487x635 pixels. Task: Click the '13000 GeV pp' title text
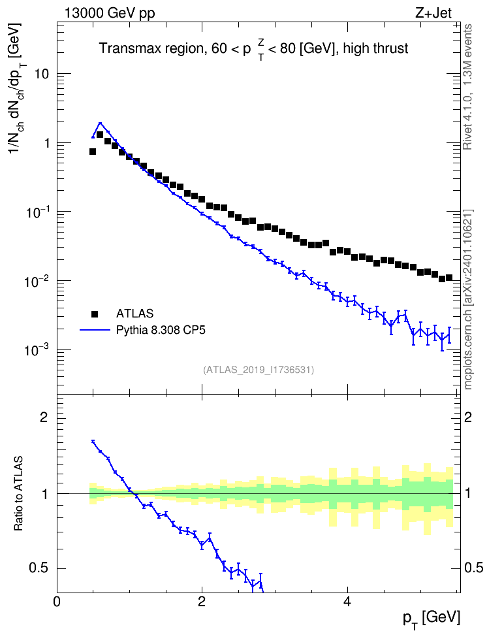point(109,13)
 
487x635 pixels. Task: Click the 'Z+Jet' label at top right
point(433,13)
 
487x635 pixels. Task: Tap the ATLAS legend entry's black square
point(95,314)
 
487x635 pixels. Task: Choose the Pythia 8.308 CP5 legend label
point(161,330)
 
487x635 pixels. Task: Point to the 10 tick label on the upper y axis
point(42,74)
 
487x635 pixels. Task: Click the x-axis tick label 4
point(347,601)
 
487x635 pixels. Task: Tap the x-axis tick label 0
point(57,601)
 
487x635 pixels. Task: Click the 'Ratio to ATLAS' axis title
point(18,494)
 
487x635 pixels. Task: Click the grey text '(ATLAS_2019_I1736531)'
point(259,370)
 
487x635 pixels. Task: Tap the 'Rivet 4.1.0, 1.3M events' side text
point(467,87)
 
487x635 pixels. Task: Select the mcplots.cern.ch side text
point(467,300)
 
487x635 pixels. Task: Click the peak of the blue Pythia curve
point(100,123)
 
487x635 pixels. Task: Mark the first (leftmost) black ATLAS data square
point(92,152)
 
